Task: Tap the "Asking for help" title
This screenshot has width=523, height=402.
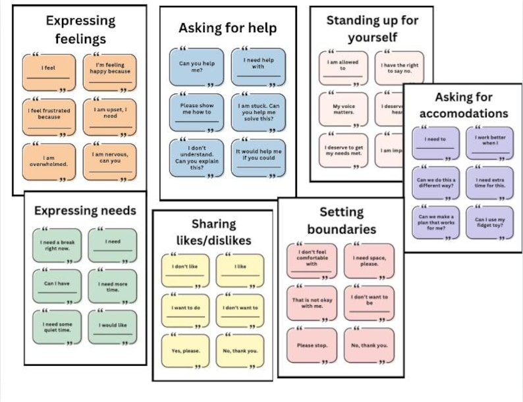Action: (x=227, y=28)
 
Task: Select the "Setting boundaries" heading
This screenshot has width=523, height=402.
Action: (x=341, y=220)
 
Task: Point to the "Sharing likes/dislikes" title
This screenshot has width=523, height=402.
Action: (x=212, y=232)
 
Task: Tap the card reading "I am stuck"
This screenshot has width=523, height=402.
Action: (x=258, y=112)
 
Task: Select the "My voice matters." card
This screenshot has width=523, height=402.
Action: (x=343, y=109)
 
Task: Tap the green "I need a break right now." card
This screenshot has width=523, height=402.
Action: (x=57, y=246)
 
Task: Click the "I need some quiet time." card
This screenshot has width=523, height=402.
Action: (x=57, y=326)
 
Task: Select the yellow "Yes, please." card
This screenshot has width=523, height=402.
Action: (x=186, y=351)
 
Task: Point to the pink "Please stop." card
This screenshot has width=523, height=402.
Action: (x=313, y=345)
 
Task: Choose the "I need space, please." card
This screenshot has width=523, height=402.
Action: (x=369, y=261)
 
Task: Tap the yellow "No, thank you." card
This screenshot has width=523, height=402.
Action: (x=240, y=351)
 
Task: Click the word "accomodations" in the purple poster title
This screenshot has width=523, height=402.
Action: (x=464, y=113)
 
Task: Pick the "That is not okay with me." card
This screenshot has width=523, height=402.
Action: (x=313, y=303)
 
